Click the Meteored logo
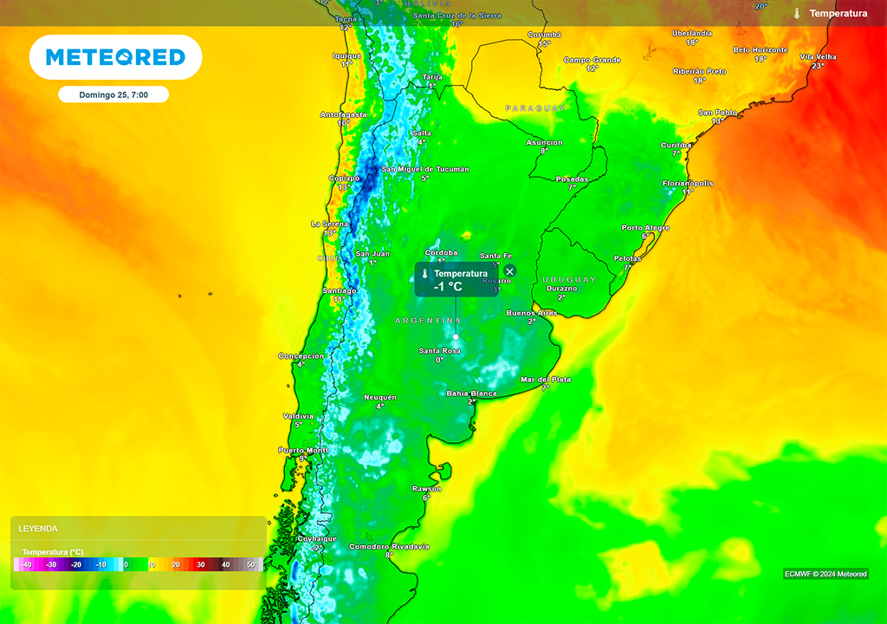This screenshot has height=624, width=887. tap(115, 57)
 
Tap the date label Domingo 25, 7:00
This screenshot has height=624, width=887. tap(113, 94)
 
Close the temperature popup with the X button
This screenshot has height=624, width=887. tap(509, 271)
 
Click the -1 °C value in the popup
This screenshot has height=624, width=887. tap(449, 287)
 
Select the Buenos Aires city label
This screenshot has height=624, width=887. tap(531, 313)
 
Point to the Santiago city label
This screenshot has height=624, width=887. tap(339, 291)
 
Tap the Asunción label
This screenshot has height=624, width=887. tap(545, 143)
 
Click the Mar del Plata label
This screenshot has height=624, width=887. tap(546, 380)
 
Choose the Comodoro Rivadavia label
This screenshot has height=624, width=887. tap(389, 547)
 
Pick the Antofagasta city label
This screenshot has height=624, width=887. tap(344, 114)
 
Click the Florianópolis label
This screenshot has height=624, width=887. tap(688, 184)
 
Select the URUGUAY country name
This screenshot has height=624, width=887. tap(569, 280)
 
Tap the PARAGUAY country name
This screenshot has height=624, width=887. tap(535, 108)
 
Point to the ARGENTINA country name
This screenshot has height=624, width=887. tap(428, 321)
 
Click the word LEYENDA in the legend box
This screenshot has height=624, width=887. tap(38, 528)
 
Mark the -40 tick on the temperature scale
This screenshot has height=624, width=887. tap(26, 565)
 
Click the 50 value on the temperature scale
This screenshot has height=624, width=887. tap(251, 565)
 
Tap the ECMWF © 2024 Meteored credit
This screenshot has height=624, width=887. tap(825, 574)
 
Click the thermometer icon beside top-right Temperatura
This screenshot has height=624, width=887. tap(796, 13)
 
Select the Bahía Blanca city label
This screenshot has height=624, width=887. tap(471, 393)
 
